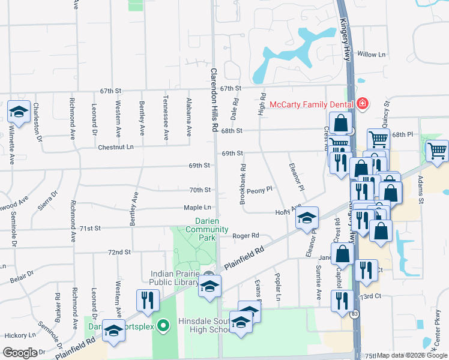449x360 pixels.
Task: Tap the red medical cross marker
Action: click(x=362, y=104)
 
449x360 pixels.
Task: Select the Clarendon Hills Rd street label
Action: click(x=213, y=100)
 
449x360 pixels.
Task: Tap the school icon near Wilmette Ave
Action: click(x=19, y=112)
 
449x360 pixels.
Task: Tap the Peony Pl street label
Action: click(x=259, y=189)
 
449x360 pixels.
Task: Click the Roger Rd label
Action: click(x=246, y=236)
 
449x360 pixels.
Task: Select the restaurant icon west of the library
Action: click(x=148, y=300)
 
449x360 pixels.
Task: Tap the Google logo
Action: click(x=20, y=353)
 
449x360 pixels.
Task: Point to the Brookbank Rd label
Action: click(x=243, y=185)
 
